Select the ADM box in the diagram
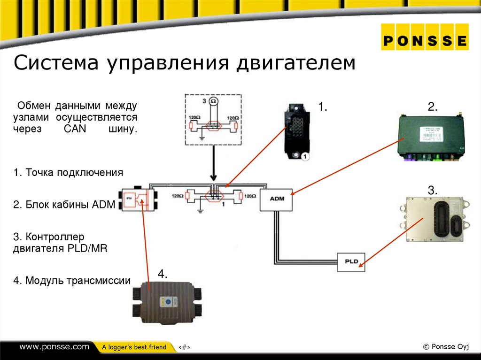coord(277,199)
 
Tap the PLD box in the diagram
coord(351,261)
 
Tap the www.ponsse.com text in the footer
coord(54,347)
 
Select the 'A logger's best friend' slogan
coord(134,347)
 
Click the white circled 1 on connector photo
coord(305,157)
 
